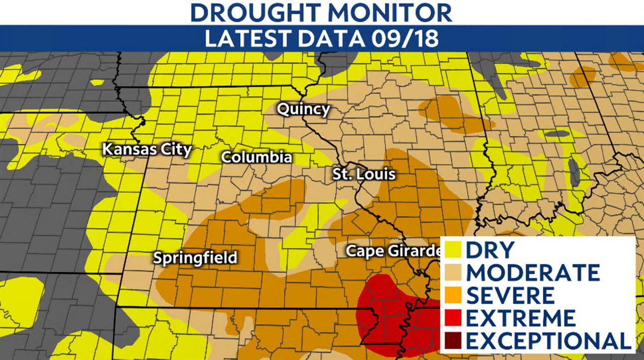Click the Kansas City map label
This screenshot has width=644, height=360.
point(146,149)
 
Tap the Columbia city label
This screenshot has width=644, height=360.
point(257,157)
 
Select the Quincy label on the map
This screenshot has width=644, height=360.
point(303,109)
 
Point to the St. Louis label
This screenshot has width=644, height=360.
point(364,174)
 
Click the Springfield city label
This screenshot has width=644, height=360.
point(195,258)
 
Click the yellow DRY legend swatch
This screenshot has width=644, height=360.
point(452,249)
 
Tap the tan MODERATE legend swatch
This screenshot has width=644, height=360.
point(452,272)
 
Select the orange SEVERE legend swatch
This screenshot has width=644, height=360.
point(452,295)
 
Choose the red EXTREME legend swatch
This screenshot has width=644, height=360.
point(452,318)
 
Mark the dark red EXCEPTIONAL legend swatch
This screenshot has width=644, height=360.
point(452,341)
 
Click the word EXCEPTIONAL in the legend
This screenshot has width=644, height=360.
point(548,341)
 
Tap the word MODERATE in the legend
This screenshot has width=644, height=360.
point(533,272)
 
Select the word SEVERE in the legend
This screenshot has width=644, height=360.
point(511,295)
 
